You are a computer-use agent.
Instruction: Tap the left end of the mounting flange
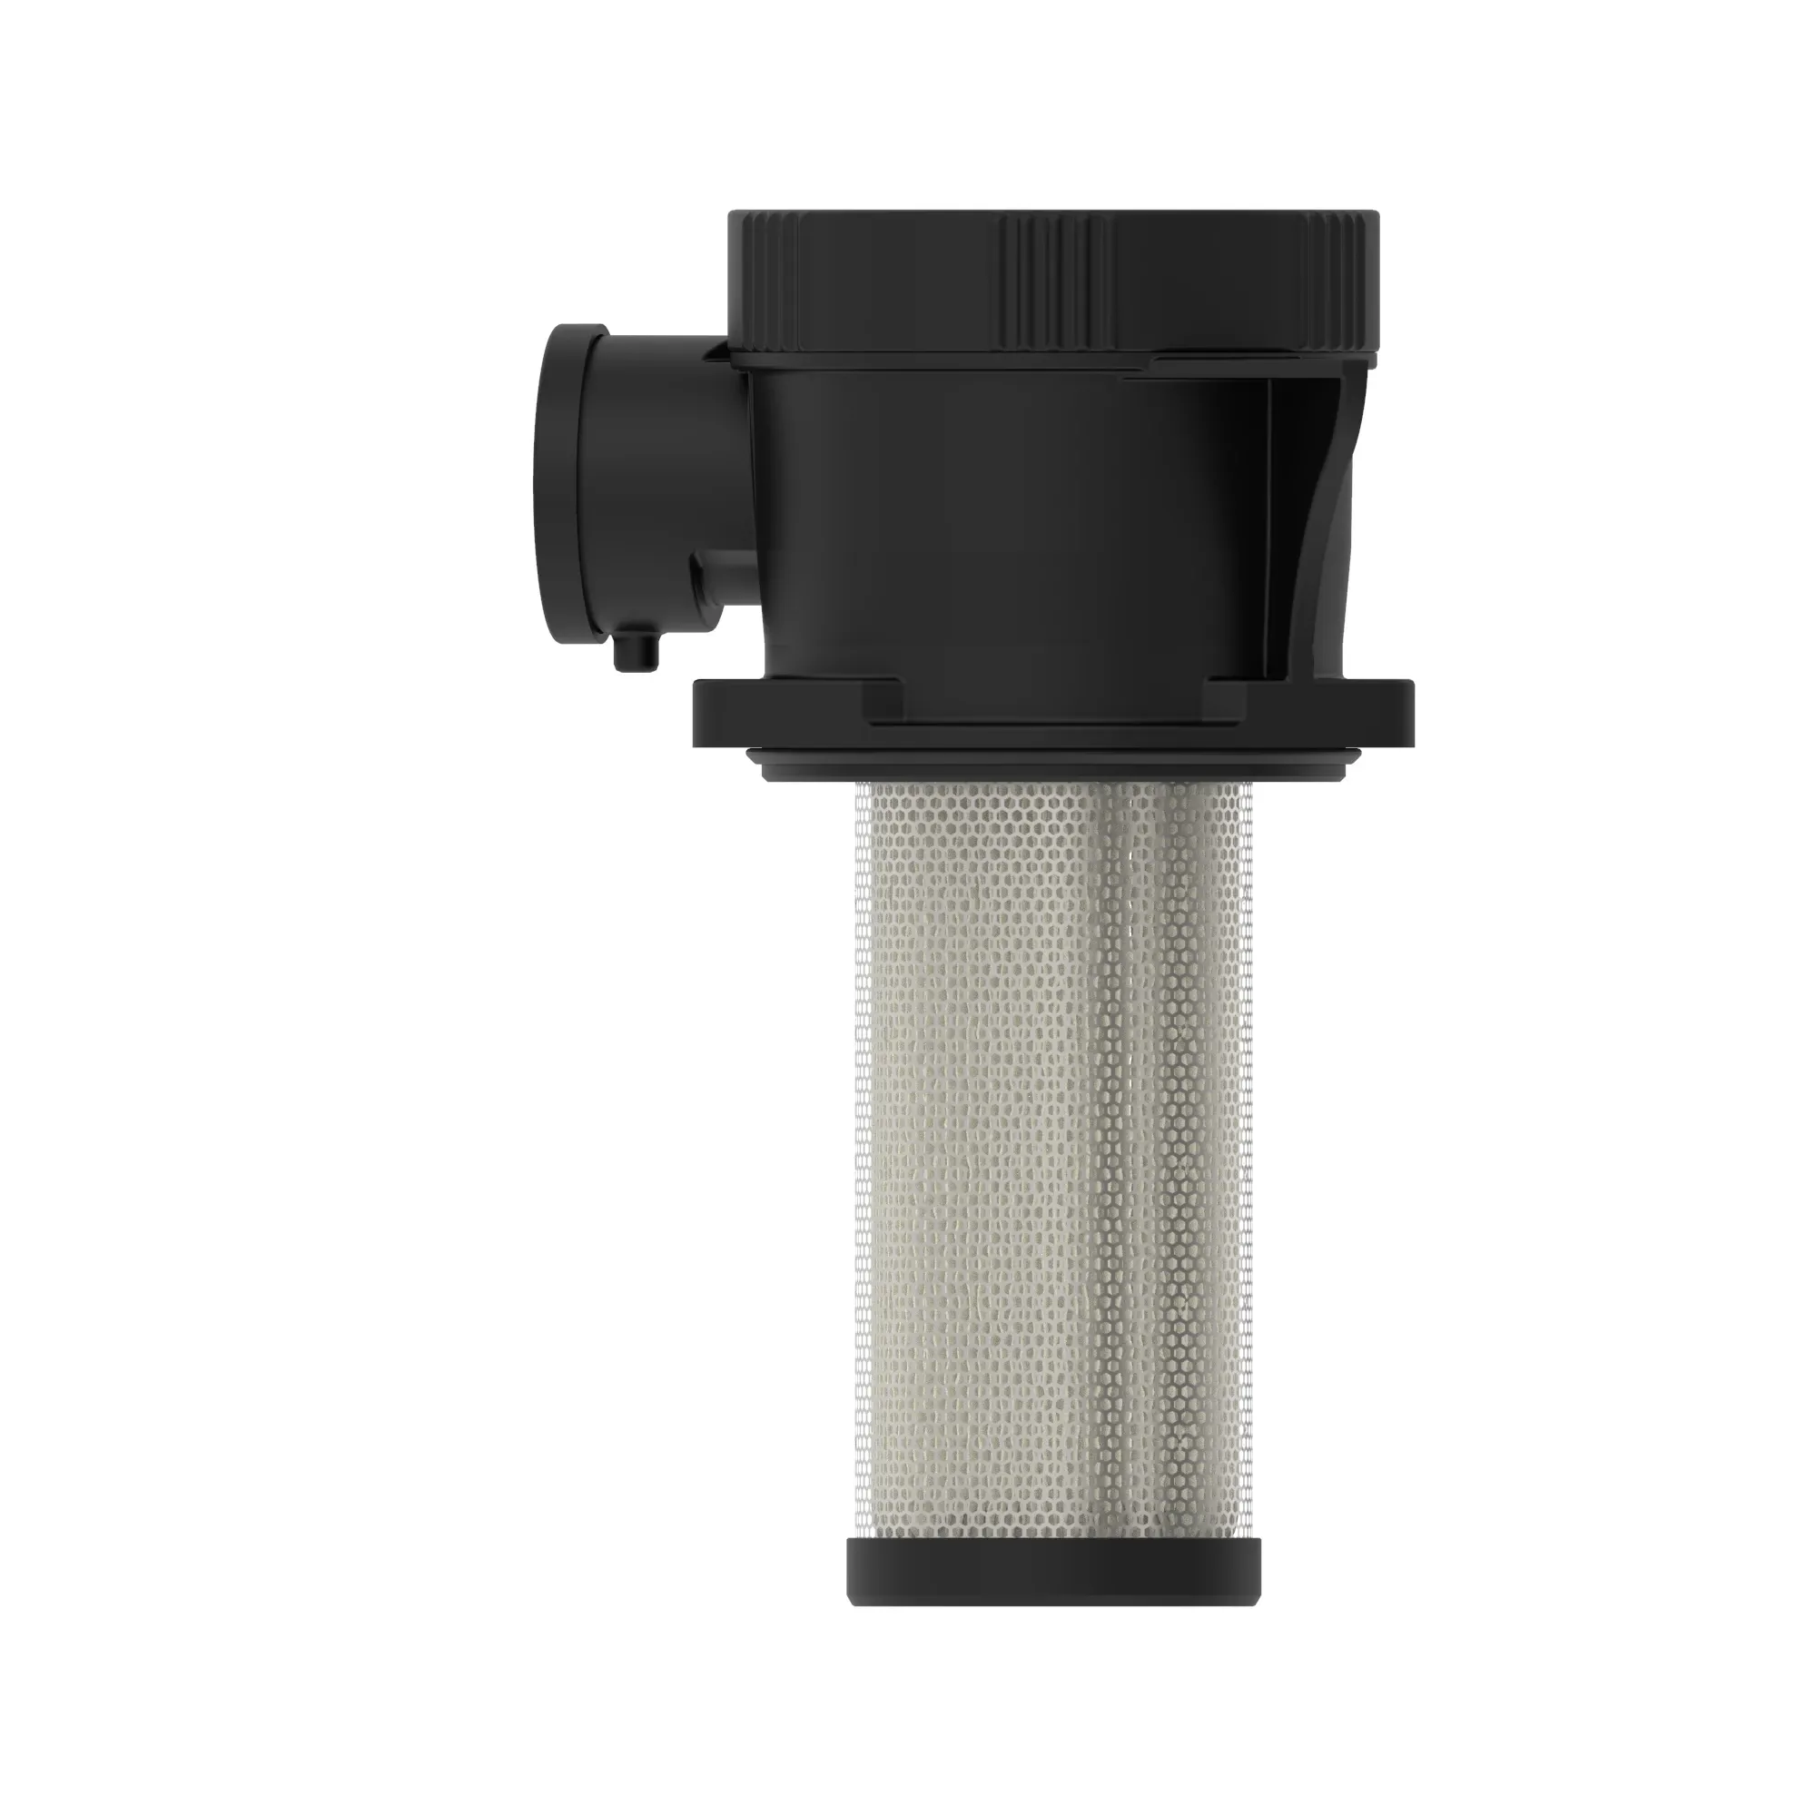(724, 715)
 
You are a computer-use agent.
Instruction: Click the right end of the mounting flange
(1382, 715)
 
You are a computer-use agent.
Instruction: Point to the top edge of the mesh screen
(1053, 787)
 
